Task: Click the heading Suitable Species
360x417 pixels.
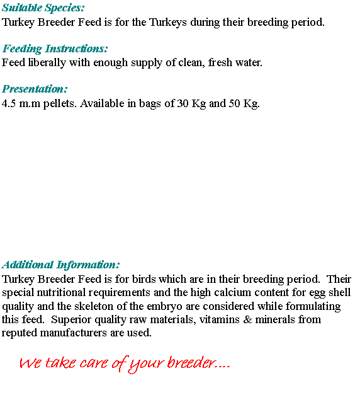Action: point(43,8)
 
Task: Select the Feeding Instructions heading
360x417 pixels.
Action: point(55,49)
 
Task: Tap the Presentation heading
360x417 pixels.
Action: point(35,89)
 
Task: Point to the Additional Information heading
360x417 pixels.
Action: point(61,265)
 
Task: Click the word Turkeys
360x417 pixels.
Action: point(168,22)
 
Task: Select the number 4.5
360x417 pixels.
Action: point(9,103)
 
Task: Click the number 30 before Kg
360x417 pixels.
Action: point(183,103)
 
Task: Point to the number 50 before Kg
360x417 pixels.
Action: point(234,103)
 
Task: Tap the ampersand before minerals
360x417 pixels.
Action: point(247,319)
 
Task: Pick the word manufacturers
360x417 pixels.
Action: point(74,333)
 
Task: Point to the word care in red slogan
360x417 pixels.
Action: point(94,363)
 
